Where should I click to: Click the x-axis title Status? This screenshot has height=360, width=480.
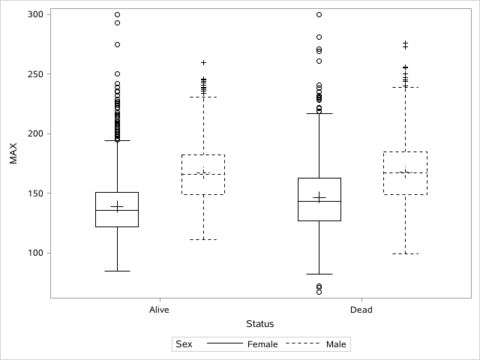click(260, 324)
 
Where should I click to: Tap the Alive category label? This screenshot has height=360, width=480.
click(159, 310)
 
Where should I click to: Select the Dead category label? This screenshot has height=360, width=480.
click(361, 310)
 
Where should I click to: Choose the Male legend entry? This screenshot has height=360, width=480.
click(336, 345)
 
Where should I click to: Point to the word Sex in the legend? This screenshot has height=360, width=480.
click(184, 345)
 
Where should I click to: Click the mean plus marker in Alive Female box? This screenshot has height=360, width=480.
click(117, 206)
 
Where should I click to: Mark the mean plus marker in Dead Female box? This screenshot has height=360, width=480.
click(319, 197)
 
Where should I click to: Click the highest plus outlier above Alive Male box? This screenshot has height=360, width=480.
click(203, 62)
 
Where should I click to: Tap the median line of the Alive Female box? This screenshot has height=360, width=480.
click(117, 211)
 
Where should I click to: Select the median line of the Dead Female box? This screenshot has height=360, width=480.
click(319, 202)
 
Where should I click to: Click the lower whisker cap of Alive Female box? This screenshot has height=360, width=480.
click(117, 271)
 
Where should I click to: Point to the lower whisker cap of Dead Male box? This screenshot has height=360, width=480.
click(405, 253)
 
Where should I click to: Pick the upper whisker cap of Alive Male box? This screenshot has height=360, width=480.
click(203, 97)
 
